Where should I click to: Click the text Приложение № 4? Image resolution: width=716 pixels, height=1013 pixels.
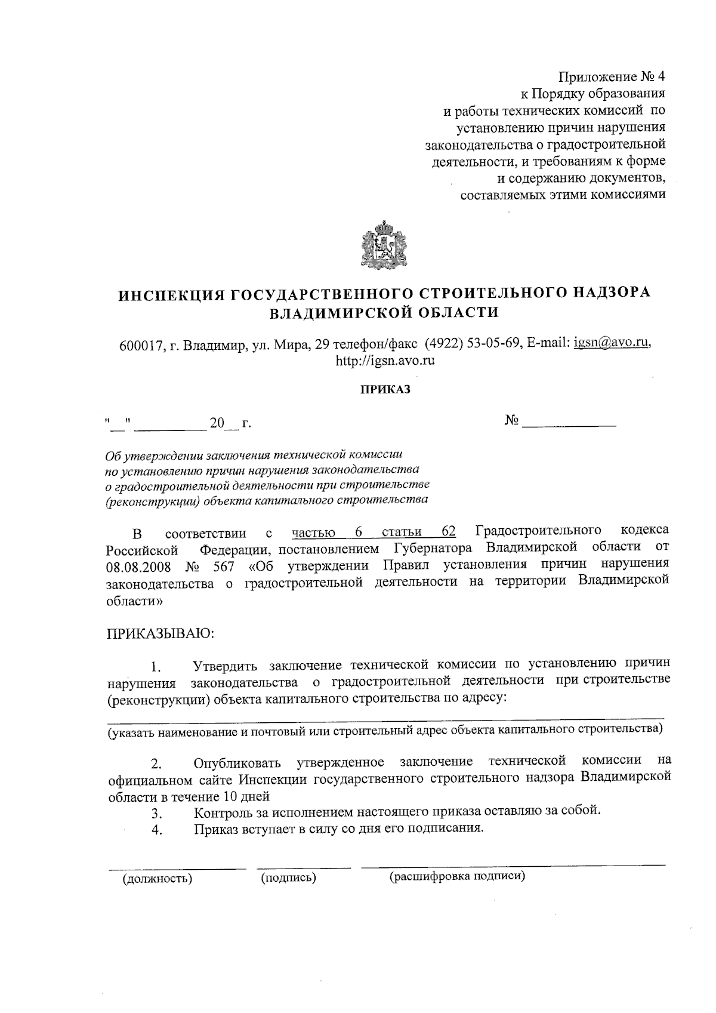coord(611,77)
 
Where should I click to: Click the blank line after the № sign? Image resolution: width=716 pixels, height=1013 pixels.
coord(569,423)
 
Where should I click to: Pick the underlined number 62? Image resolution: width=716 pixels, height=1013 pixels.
coord(449,531)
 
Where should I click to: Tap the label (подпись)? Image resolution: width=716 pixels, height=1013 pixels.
coord(288,877)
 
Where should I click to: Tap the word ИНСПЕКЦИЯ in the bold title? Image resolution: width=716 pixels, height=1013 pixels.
coord(171,294)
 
